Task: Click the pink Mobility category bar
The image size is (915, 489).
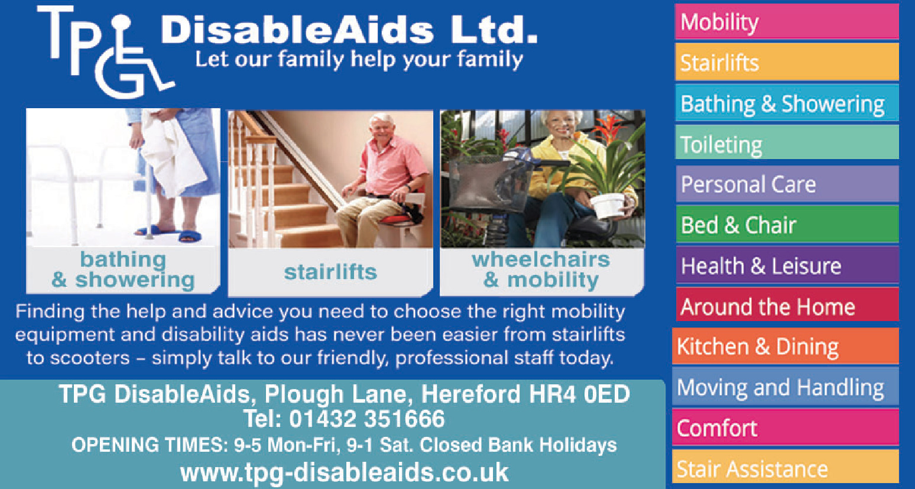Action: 787,22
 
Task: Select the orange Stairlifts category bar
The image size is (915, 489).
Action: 787,61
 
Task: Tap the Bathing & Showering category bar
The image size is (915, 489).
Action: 787,102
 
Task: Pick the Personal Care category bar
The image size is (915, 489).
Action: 787,184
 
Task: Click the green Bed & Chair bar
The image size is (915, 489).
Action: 787,224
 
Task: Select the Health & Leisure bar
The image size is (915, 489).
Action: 787,265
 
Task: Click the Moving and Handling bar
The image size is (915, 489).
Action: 785,387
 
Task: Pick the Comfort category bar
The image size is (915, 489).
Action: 785,428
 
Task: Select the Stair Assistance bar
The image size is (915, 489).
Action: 785,467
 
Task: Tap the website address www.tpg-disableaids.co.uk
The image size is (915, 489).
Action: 345,472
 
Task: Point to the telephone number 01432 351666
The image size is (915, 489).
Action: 366,419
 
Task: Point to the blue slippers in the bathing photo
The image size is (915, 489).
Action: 171,232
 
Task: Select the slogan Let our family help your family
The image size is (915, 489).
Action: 359,60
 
